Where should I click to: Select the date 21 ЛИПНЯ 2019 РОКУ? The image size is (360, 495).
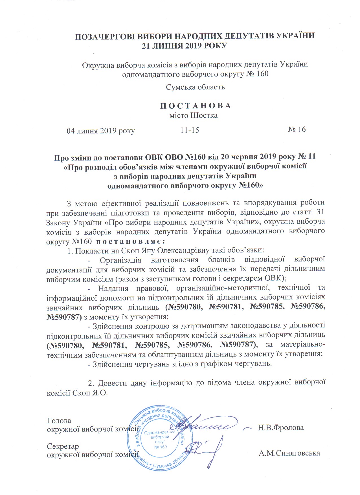(x=184, y=46)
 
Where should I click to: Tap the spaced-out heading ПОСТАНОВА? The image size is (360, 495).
(x=196, y=106)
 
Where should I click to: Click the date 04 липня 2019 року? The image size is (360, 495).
(x=100, y=131)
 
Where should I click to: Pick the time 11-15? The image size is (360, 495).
(x=190, y=130)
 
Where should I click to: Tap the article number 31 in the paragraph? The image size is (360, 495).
(x=321, y=212)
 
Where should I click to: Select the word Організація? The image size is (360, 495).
(x=120, y=260)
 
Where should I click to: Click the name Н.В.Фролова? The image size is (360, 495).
(x=281, y=428)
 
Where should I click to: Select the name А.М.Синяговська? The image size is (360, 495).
(x=289, y=453)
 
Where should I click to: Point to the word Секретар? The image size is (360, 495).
(x=63, y=446)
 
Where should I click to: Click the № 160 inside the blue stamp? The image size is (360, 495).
(x=161, y=447)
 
